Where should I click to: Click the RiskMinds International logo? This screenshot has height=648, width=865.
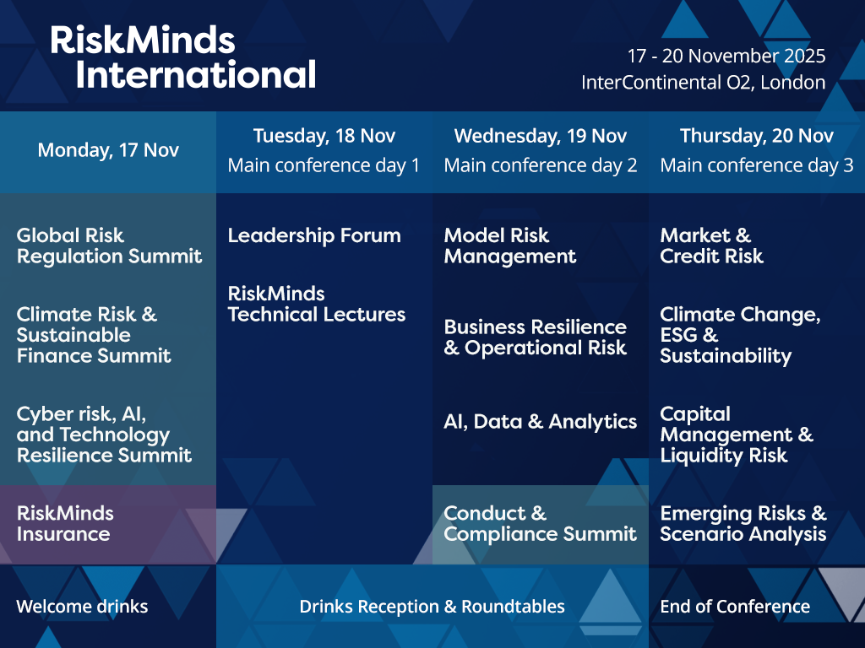point(183,57)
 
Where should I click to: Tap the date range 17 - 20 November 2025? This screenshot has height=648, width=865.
point(726,56)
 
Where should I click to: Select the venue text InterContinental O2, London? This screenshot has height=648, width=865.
point(704,83)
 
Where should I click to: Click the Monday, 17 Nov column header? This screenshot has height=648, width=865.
point(108,150)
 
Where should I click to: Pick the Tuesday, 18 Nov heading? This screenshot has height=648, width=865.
point(324,136)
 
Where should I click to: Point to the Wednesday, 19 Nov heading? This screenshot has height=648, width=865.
point(541,136)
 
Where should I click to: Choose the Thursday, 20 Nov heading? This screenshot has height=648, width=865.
point(757,136)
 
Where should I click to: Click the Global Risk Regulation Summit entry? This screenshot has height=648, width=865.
point(109,246)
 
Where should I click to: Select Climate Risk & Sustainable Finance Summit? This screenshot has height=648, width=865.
point(94,335)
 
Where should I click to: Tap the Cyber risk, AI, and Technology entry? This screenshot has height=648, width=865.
point(104,435)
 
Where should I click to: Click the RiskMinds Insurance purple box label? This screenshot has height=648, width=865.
point(65,523)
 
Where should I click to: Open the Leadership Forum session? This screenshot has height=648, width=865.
point(314,236)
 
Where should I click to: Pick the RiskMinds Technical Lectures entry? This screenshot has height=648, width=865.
point(317,304)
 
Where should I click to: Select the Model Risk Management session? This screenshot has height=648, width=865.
point(510,246)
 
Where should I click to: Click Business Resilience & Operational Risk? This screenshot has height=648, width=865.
point(535,337)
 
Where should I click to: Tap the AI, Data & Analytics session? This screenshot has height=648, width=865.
point(541,422)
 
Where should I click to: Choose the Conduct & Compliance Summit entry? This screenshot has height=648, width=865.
point(540,523)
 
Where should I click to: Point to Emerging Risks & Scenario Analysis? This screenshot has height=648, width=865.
point(743,523)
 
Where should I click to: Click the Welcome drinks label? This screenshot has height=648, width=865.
point(82,607)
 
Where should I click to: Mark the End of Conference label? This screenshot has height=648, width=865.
point(736,607)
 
